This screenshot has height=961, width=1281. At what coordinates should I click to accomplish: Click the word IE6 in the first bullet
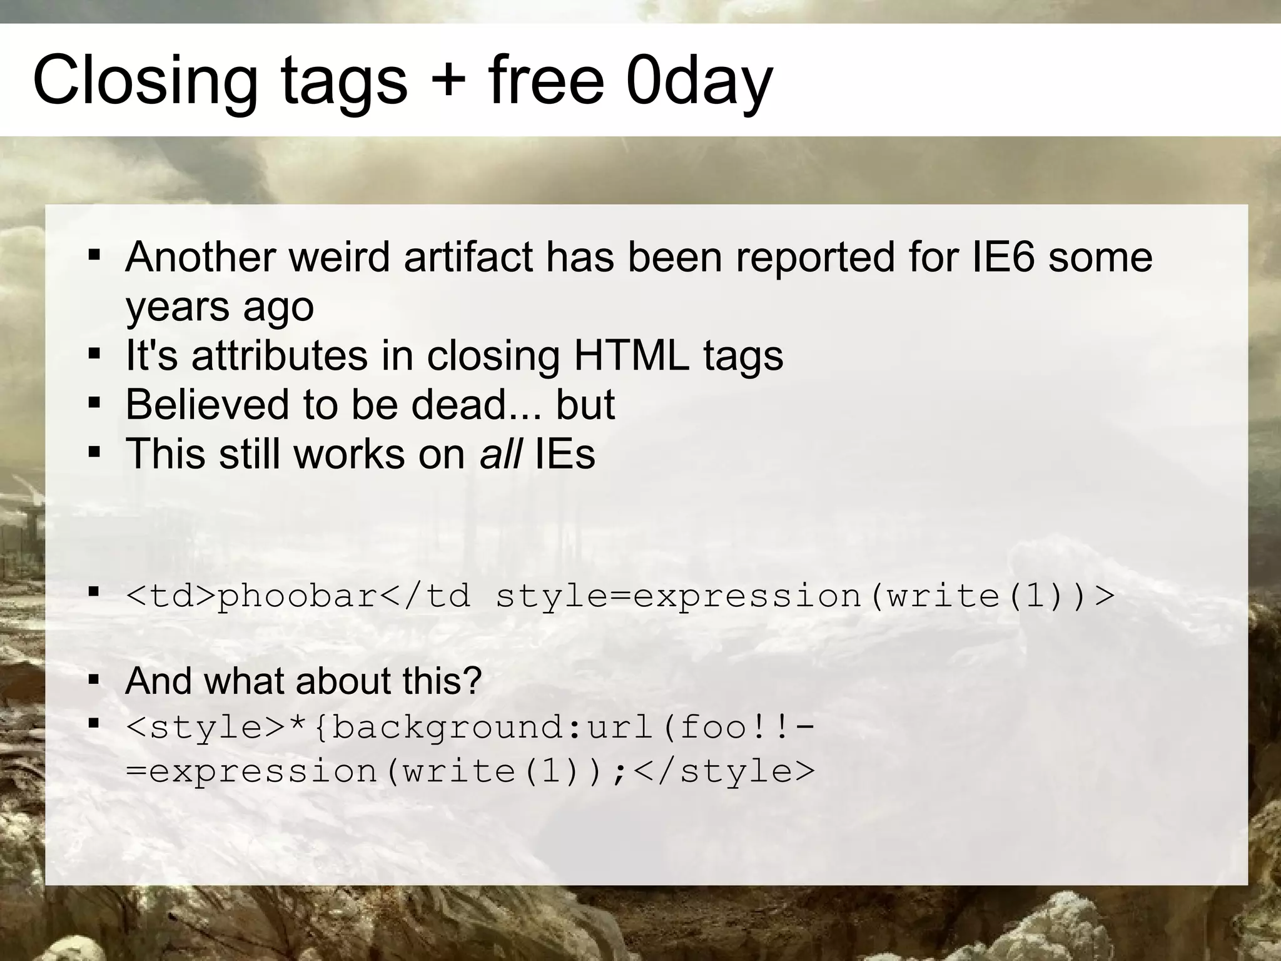[x=1003, y=257]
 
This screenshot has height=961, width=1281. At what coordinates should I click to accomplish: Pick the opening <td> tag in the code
[x=170, y=596]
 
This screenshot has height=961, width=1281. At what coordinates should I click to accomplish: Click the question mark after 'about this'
[x=473, y=681]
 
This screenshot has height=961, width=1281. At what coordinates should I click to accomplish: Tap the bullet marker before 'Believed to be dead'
[x=94, y=404]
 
